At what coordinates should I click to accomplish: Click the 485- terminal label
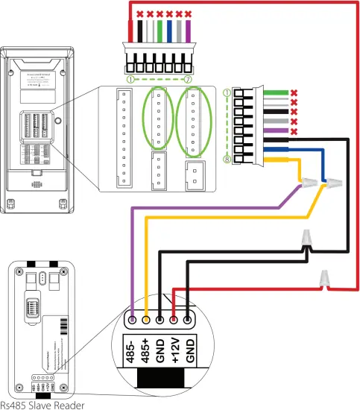132,349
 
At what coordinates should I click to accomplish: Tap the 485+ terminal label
146,349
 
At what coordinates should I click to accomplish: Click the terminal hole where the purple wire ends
132,320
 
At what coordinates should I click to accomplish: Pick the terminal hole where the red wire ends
174,320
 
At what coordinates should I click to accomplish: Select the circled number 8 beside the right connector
227,159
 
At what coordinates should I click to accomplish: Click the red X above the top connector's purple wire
189,14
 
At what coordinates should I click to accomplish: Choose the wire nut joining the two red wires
323,278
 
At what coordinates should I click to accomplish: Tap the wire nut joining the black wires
306,241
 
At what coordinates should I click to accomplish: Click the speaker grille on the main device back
36,183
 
